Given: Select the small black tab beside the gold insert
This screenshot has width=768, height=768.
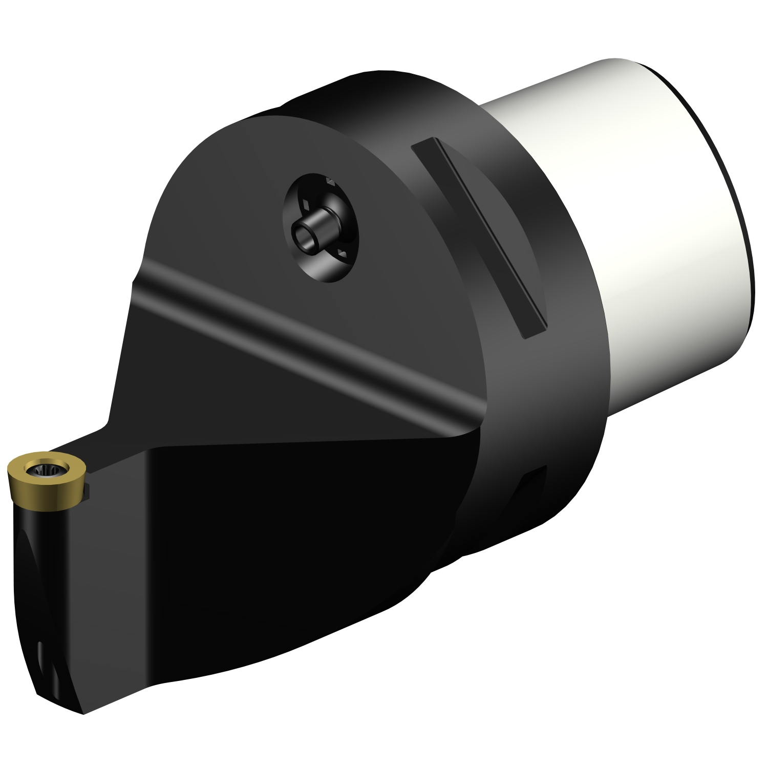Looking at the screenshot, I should click(x=89, y=489).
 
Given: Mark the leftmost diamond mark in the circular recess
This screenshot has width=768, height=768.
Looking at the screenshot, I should click(x=306, y=204).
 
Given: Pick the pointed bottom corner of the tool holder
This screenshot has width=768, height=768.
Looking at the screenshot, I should click(x=82, y=712).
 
